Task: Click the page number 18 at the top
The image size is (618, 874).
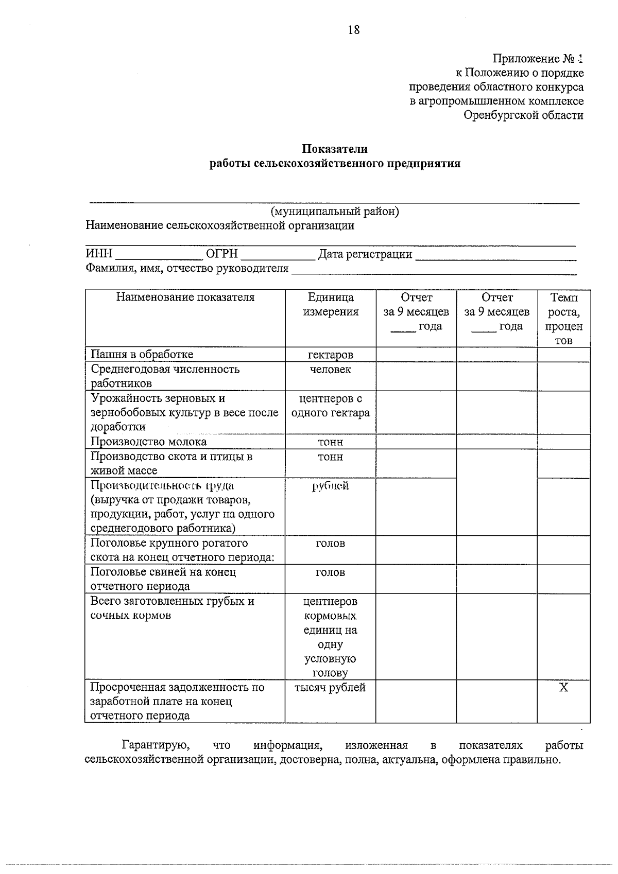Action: [x=354, y=30]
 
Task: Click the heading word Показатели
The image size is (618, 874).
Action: [x=334, y=149]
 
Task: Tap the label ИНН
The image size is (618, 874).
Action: [x=99, y=254]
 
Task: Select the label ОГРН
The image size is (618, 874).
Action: [x=221, y=254]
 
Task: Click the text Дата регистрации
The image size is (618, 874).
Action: [x=365, y=254]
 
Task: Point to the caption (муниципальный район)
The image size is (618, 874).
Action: [x=335, y=212]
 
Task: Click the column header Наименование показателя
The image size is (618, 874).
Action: [x=185, y=298]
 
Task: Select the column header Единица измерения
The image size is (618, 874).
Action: [x=331, y=305]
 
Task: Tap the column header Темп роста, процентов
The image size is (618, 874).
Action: [x=564, y=319]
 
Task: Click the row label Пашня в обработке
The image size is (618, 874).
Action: [x=142, y=354]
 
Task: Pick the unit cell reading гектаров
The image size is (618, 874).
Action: [x=331, y=355]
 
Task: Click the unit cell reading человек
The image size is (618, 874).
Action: [x=331, y=370]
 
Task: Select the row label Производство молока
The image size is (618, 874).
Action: [x=148, y=442]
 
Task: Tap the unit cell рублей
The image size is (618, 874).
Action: [x=331, y=486]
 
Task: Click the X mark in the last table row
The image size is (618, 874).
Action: [x=564, y=688]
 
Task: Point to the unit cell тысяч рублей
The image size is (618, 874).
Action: [x=330, y=688]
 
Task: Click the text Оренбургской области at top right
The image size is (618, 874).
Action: [x=523, y=115]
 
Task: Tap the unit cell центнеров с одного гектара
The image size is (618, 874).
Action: [x=331, y=406]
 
